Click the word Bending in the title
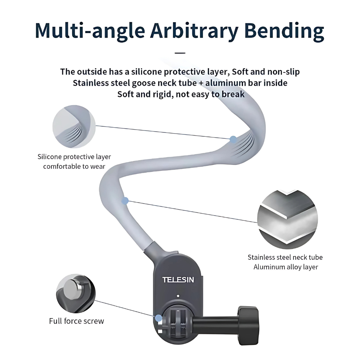pos(284,31)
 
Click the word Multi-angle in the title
pos(90,31)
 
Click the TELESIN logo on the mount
pos(178,280)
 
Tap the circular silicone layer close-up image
pos(74,126)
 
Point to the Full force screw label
pos(76,321)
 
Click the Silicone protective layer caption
pos(74,157)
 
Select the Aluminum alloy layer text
pos(285,267)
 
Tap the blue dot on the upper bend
pos(233,140)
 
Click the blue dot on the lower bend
pos(125,201)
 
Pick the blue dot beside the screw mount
pos(159,318)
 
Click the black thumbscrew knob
pos(248,325)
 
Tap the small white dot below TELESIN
pos(178,296)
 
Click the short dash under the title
pos(180,53)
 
